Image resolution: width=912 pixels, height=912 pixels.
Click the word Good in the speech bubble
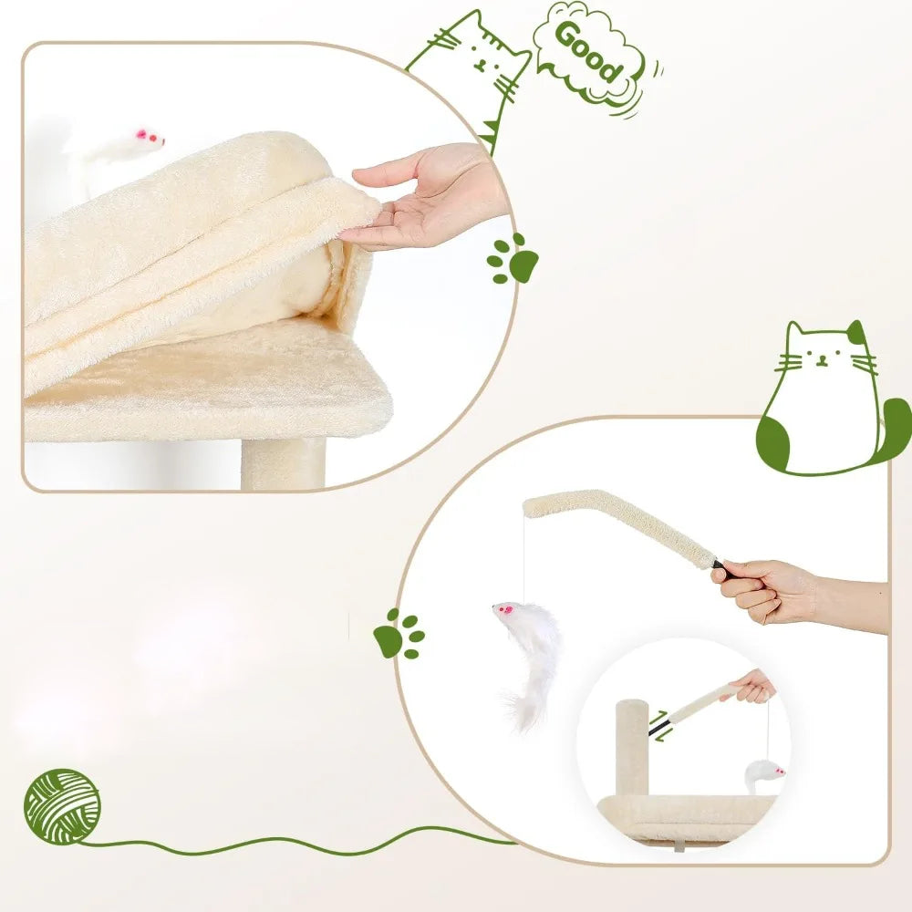click(589, 53)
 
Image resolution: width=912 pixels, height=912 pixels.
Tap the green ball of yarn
click(62, 807)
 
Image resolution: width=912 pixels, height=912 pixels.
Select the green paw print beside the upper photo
click(513, 259)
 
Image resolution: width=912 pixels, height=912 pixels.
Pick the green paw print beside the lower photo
click(399, 634)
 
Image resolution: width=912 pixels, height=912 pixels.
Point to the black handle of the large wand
click(724, 569)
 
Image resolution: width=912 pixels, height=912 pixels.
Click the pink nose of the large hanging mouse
click(506, 609)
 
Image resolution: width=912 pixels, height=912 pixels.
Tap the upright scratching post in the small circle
click(632, 748)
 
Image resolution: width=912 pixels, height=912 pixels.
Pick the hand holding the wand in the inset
click(752, 687)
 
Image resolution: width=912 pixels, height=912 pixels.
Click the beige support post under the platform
click(284, 464)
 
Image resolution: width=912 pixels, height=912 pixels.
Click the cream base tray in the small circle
click(687, 818)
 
